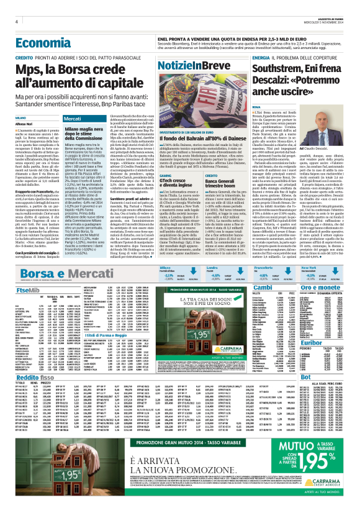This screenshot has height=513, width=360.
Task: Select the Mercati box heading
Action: [x=73, y=118]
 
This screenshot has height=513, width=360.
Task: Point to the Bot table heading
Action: [x=305, y=377]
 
